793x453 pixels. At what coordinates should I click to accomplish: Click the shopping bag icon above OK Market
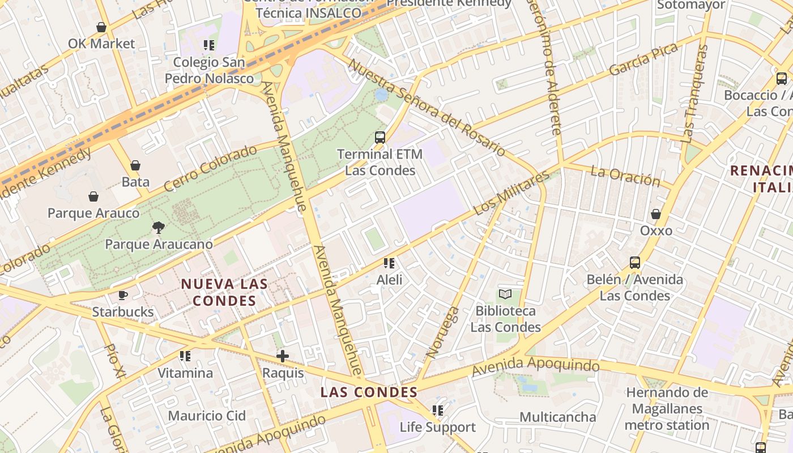pos(101,27)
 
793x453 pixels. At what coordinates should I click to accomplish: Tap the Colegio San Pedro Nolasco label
pos(209,70)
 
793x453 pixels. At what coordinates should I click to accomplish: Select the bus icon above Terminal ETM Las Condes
pos(380,137)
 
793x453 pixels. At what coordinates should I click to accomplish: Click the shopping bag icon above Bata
pos(135,165)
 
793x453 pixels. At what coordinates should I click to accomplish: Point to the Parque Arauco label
pos(93,213)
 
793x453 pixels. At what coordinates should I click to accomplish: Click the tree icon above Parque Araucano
pos(159,228)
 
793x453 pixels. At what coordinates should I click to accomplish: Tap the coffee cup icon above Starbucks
pos(123,295)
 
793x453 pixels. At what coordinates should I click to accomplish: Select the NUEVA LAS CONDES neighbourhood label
pos(224,292)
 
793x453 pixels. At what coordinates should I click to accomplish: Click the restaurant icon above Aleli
pos(389,263)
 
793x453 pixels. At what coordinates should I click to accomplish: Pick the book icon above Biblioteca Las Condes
pos(505,294)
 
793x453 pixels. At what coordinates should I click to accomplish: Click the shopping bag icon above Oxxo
pos(656,214)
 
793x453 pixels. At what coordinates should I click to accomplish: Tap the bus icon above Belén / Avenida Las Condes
pos(635,263)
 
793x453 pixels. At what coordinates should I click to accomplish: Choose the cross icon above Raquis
pos(283,356)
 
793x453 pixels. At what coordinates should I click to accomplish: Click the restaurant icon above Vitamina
pos(185,356)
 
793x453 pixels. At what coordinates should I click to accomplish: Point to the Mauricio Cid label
pos(207,416)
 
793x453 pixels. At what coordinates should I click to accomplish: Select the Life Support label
pos(438,427)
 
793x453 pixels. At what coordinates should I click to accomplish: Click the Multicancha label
pos(557,417)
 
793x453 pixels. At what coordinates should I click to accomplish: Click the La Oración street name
pos(625,176)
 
